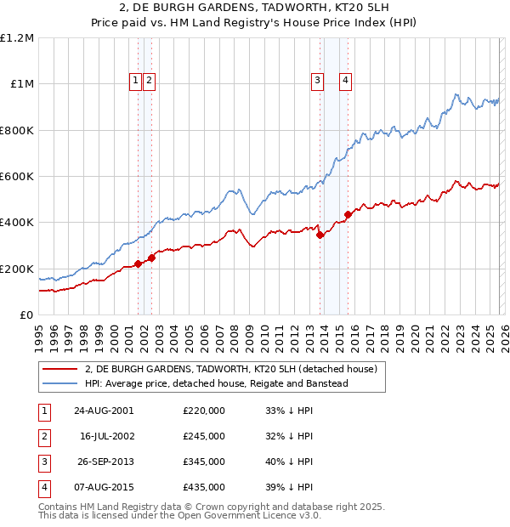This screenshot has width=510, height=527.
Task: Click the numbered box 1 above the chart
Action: tap(135, 81)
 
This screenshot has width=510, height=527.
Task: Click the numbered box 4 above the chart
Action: tap(346, 81)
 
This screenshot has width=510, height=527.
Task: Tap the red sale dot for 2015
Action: tap(348, 214)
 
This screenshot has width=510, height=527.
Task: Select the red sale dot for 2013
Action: tap(320, 235)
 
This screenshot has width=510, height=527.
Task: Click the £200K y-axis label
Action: tap(17, 269)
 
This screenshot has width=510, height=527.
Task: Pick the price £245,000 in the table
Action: tap(204, 436)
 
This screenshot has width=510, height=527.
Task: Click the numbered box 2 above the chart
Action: tap(149, 81)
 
